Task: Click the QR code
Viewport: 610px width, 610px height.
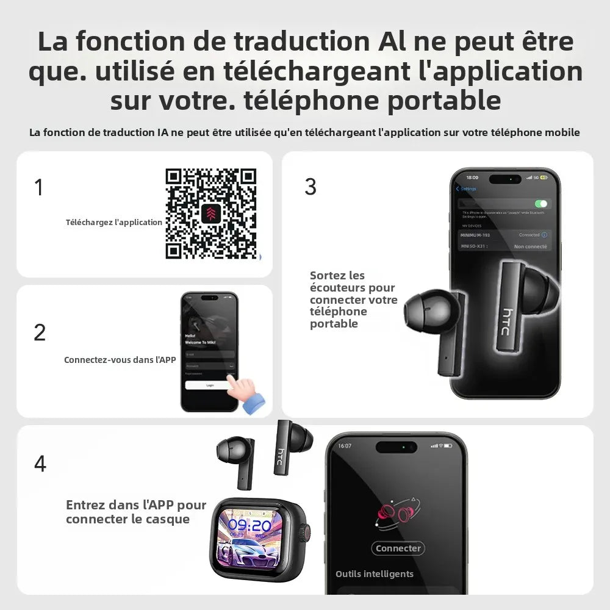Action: coord(210,213)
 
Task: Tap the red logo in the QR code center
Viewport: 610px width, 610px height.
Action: coord(210,213)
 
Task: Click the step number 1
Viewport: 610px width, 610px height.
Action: coord(39,187)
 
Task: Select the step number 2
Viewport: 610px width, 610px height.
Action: coord(40,332)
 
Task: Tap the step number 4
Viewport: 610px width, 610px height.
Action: coord(40,464)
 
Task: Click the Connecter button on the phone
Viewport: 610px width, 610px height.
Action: coord(398,548)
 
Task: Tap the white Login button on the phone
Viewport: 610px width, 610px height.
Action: coord(209,385)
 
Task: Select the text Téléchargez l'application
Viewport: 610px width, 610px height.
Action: coord(114,223)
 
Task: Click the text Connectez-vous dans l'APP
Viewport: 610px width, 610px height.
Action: coord(120,360)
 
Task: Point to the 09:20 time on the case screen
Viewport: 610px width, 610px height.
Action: coord(250,526)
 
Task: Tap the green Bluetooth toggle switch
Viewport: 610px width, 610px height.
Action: coord(540,204)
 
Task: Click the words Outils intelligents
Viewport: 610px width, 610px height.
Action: coord(375,574)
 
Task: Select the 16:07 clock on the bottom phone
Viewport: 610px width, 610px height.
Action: coord(345,446)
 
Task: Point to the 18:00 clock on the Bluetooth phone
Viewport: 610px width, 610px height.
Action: coord(472,178)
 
